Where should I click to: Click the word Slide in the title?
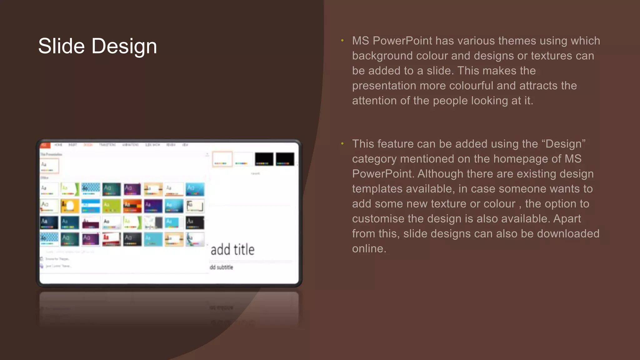click(61, 46)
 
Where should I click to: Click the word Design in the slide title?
click(124, 46)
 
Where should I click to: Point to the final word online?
click(369, 249)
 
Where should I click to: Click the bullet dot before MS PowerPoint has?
click(342, 41)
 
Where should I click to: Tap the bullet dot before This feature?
click(342, 144)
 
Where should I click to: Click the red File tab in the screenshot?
click(44, 145)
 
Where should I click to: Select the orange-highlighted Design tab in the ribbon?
click(88, 145)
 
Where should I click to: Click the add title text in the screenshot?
click(232, 250)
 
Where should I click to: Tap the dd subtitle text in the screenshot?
click(221, 267)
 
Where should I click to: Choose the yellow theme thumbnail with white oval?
click(70, 206)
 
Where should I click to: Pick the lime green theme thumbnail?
click(111, 206)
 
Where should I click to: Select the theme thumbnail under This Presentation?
click(49, 166)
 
